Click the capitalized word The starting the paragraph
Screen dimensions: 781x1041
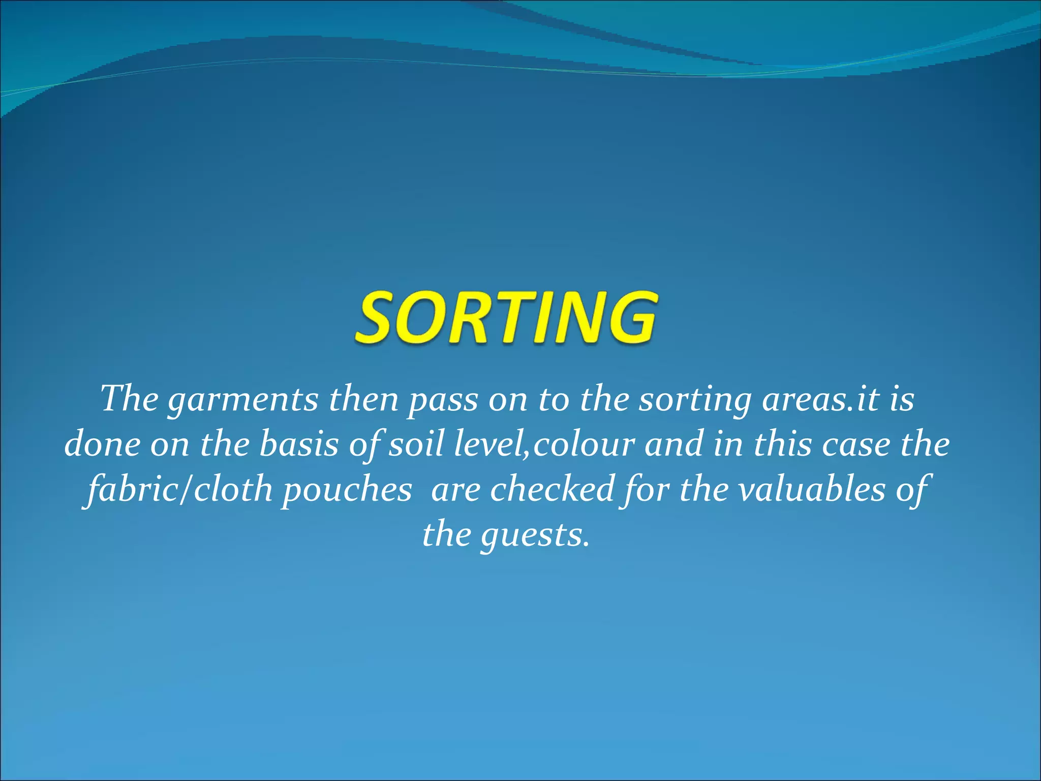[130, 399]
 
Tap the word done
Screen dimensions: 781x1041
[102, 444]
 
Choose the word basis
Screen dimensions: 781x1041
[298, 444]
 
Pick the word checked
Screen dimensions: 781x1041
[552, 489]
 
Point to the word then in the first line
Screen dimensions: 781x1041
[363, 400]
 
